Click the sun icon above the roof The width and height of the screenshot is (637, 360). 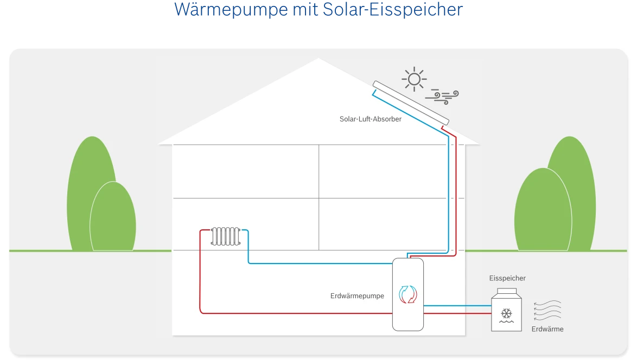[414, 80]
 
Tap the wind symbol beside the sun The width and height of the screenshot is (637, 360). [442, 96]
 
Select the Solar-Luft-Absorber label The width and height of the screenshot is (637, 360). [371, 119]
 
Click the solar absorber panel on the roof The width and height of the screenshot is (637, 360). [411, 101]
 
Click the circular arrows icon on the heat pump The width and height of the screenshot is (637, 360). [407, 294]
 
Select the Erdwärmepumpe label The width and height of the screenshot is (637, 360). [357, 296]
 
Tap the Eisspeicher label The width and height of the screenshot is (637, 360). [507, 278]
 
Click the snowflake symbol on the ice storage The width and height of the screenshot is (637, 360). [507, 313]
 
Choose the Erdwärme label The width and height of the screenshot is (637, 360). [547, 329]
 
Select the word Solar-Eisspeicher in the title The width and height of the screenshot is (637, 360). [392, 10]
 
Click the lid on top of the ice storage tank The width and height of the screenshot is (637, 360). [507, 292]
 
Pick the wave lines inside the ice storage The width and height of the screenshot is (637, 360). [507, 322]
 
